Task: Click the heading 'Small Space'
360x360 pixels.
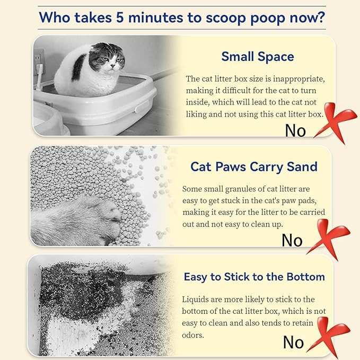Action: (x=258, y=57)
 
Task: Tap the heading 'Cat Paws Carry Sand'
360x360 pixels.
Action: (x=254, y=167)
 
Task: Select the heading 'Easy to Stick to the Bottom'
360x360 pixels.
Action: (x=254, y=277)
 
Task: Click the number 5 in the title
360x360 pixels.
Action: (x=120, y=17)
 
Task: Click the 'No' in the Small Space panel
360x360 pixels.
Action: (x=295, y=130)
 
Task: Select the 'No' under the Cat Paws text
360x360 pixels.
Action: (x=292, y=240)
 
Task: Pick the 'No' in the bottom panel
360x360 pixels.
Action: (x=293, y=342)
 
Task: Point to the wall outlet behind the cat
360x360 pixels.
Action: (x=39, y=60)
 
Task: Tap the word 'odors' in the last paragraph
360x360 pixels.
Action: (x=192, y=335)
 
